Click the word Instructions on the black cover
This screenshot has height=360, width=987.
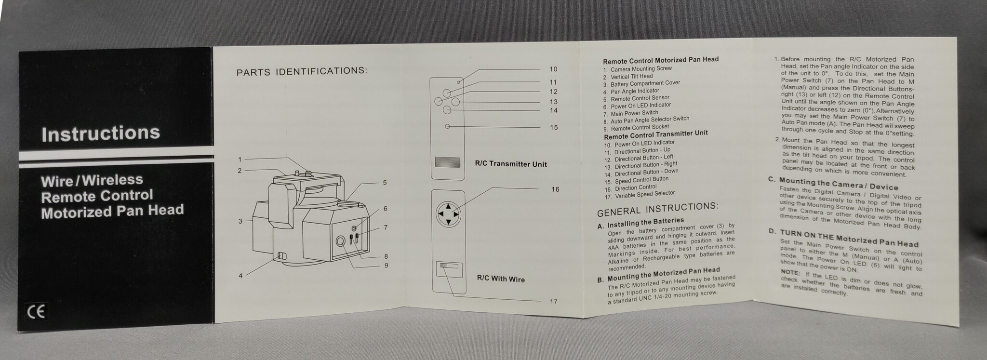click(100, 133)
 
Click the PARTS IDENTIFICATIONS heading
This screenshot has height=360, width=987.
click(302, 71)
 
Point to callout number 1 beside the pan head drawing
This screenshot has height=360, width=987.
click(240, 160)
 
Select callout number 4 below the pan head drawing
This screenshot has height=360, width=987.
click(240, 276)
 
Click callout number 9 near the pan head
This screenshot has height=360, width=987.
click(386, 265)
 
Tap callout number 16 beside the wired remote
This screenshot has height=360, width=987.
click(555, 189)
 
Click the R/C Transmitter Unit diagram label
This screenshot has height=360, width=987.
click(511, 164)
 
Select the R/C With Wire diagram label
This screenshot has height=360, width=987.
click(501, 279)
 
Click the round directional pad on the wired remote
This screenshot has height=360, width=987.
click(448, 213)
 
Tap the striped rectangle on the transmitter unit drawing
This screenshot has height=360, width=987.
click(447, 162)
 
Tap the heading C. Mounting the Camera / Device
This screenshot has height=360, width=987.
click(833, 184)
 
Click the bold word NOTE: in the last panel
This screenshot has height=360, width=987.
click(790, 273)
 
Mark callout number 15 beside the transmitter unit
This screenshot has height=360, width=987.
click(554, 127)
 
